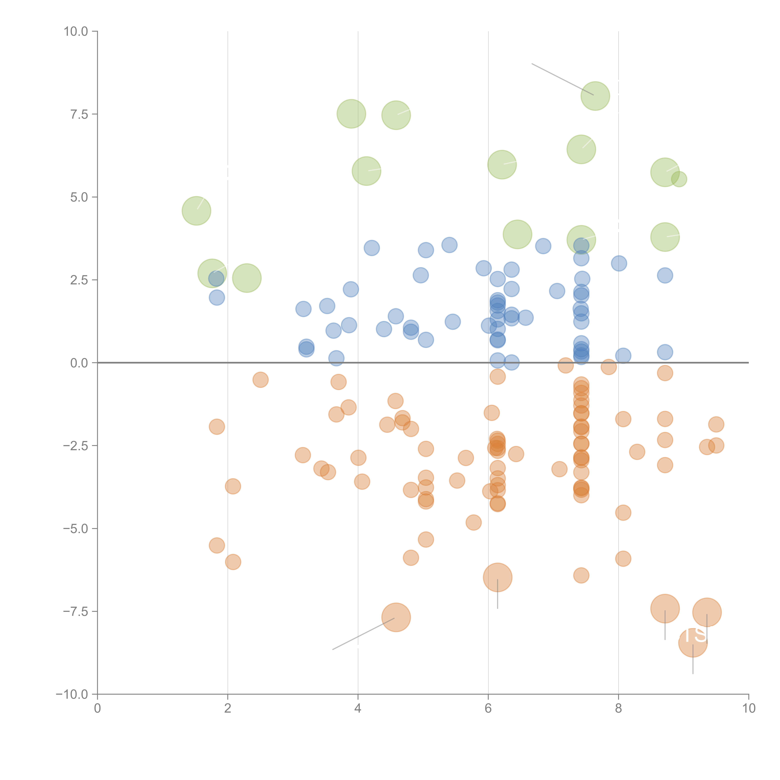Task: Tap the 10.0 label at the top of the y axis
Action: (76, 32)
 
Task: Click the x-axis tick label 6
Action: (488, 709)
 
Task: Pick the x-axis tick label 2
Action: (228, 709)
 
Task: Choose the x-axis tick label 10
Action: (748, 709)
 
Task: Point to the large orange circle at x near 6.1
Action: (497, 577)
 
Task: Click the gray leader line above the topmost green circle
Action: (562, 79)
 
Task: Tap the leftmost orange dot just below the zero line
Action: (260, 380)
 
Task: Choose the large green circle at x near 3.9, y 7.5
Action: (351, 114)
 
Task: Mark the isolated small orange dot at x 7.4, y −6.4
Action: (581, 575)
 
